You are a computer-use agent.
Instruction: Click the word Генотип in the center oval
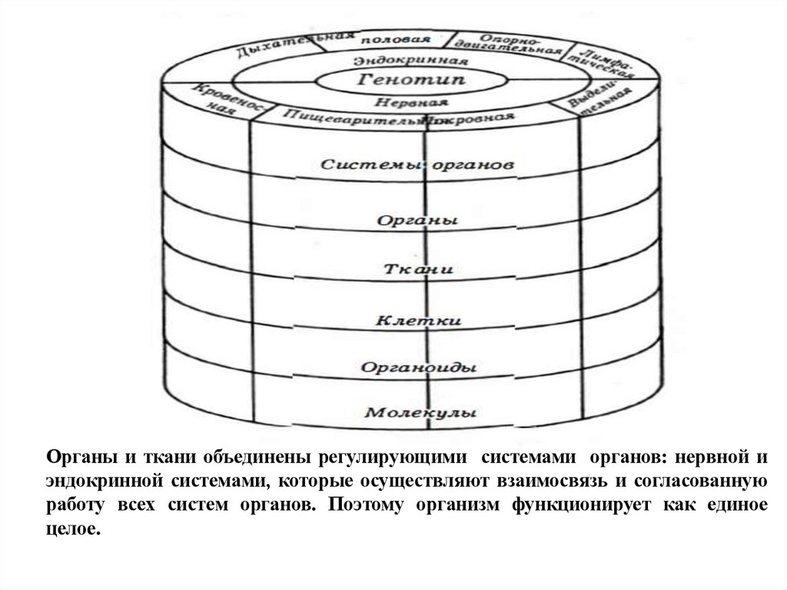(x=412, y=80)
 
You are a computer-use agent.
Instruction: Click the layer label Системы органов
(x=416, y=165)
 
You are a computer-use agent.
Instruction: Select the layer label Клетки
(x=418, y=318)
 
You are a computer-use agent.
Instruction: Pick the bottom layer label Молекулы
(x=419, y=412)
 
